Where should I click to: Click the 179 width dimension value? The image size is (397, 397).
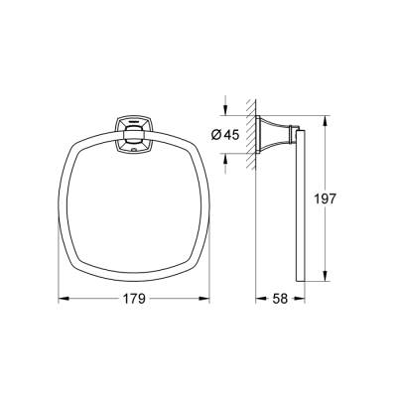point(134,298)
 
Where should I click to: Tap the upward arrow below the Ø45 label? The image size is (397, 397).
point(227,160)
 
